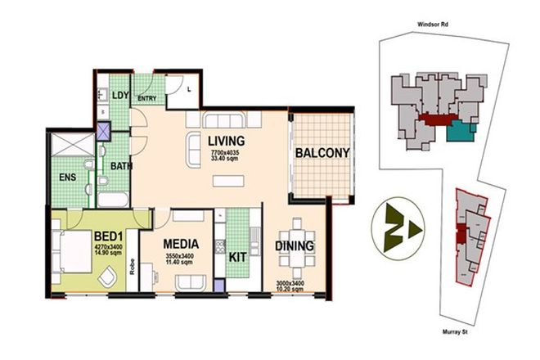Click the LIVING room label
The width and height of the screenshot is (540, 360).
[226, 140]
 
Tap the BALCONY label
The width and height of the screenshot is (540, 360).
[322, 152]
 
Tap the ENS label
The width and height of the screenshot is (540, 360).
[66, 174]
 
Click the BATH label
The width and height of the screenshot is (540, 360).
[121, 166]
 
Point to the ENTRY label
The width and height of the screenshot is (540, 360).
[147, 100]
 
